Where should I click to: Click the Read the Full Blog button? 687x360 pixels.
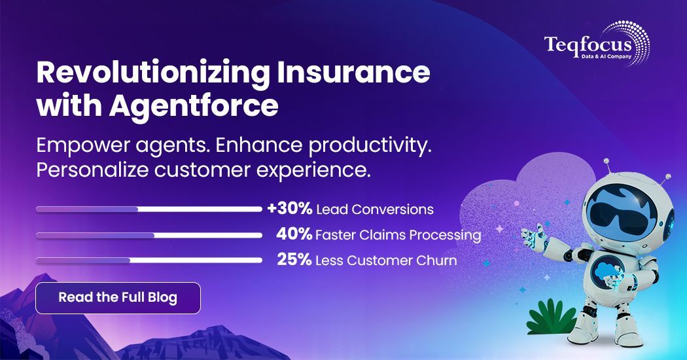click(x=118, y=298)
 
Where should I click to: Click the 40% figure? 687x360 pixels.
click(x=294, y=235)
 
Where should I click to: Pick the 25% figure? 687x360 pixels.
click(x=294, y=260)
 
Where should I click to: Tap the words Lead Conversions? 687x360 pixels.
click(x=374, y=210)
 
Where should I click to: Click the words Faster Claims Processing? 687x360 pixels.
click(x=398, y=235)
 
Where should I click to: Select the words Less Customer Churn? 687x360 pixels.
click(x=385, y=261)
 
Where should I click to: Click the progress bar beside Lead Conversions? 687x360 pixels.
click(x=149, y=209)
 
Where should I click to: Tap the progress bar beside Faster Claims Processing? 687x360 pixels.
click(x=149, y=235)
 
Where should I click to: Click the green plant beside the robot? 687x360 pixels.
click(x=550, y=317)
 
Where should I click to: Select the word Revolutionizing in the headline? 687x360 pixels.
click(x=152, y=73)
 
